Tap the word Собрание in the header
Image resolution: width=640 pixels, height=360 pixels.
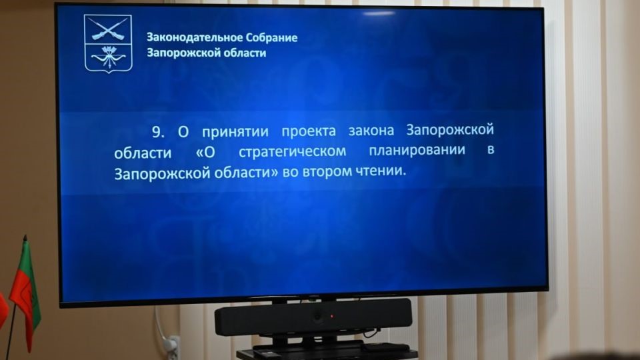click(271, 38)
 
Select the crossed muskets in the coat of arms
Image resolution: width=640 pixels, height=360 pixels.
click(108, 29)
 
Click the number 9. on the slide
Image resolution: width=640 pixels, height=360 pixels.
click(159, 131)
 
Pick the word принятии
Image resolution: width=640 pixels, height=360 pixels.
click(235, 132)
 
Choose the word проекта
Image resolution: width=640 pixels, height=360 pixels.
click(309, 131)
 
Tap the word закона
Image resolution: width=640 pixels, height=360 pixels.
click(371, 131)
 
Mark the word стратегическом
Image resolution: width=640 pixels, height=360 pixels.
click(292, 151)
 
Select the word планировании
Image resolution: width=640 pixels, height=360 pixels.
click(417, 150)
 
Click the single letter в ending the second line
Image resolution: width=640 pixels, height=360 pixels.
click(491, 149)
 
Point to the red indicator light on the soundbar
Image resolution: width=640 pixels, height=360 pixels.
click(332, 316)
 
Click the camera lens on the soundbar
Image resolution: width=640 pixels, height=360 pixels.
click(317, 315)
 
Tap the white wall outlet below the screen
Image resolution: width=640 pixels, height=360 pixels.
click(172, 347)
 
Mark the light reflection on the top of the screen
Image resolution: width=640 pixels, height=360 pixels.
click(379, 13)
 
